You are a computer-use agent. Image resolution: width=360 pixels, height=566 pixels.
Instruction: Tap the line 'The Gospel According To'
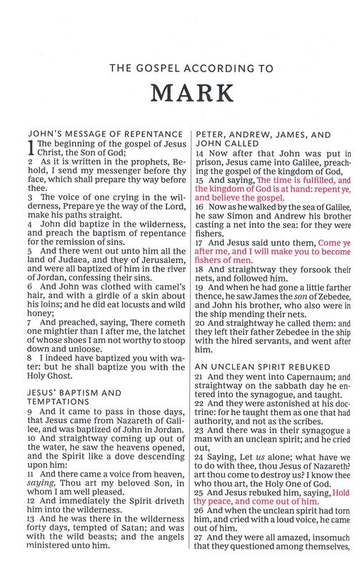[181, 69]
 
